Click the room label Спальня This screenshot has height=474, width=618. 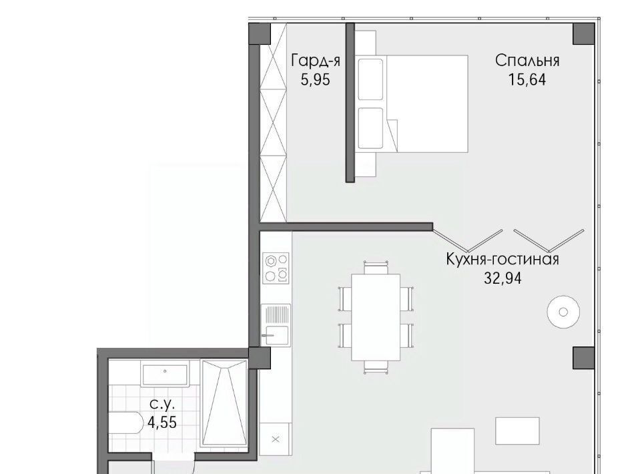click(x=527, y=61)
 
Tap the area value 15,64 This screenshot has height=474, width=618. click(x=527, y=80)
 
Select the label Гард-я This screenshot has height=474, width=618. click(x=316, y=61)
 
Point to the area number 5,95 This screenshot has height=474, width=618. click(x=315, y=80)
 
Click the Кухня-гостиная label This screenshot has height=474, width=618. click(x=503, y=260)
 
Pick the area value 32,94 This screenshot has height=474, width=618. click(x=503, y=278)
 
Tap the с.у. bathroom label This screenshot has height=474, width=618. click(x=162, y=404)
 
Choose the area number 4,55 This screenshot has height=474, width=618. click(x=162, y=423)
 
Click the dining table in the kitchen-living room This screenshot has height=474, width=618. click(x=376, y=317)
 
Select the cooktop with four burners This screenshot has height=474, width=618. click(x=276, y=268)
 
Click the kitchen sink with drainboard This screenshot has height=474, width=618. click(x=276, y=325)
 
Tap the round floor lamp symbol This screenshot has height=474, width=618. click(x=563, y=312)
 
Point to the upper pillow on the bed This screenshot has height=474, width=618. click(x=370, y=79)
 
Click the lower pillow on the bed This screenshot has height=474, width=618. click(x=370, y=128)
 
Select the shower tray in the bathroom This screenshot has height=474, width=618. click(x=224, y=403)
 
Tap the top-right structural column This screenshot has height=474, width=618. click(x=583, y=34)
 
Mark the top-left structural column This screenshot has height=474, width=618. click(x=260, y=34)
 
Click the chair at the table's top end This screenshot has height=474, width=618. click(x=376, y=268)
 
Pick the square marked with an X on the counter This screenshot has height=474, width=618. click(x=276, y=439)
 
